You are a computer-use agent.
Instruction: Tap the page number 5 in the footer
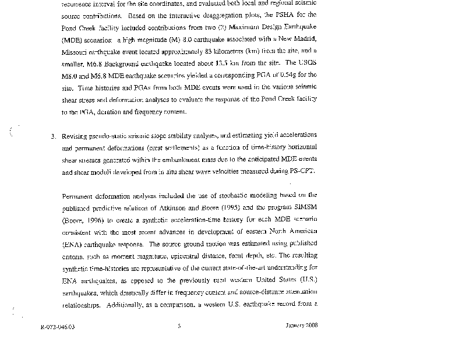179,326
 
